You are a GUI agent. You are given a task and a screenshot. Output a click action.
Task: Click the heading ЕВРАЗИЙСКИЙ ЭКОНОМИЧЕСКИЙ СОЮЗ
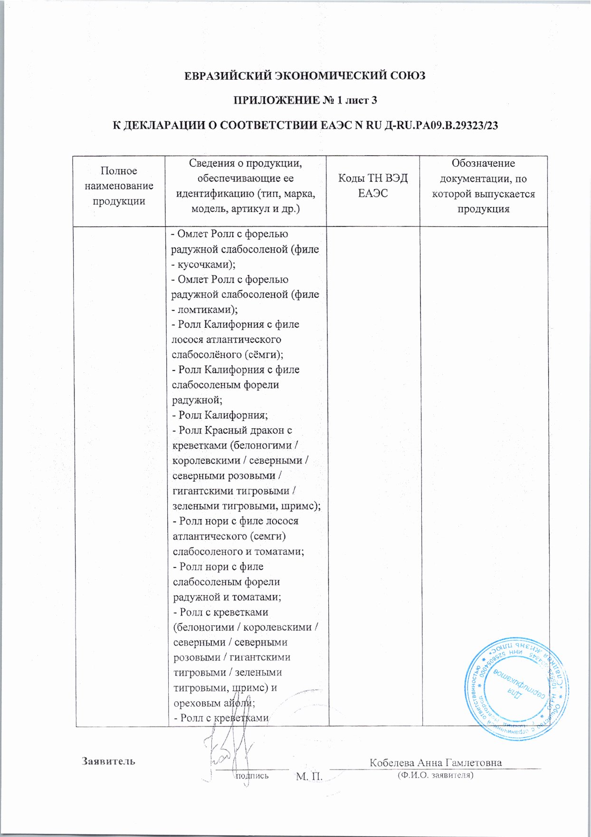pyautogui.click(x=305, y=76)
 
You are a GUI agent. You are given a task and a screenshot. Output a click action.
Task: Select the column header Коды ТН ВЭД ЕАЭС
pyautogui.click(x=372, y=186)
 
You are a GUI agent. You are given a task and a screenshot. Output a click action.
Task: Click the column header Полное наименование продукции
pyautogui.click(x=119, y=186)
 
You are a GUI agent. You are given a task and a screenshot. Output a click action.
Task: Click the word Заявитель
pyautogui.click(x=109, y=761)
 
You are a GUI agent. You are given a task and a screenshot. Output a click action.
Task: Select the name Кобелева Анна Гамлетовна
pyautogui.click(x=436, y=762)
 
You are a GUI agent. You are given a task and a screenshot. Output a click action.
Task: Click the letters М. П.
pyautogui.click(x=309, y=777)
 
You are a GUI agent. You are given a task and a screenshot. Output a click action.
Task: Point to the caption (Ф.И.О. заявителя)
pyautogui.click(x=436, y=775)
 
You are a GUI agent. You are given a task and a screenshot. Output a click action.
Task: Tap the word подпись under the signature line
pyautogui.click(x=252, y=775)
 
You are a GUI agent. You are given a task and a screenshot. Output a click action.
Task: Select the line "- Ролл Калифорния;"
pyautogui.click(x=219, y=415)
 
